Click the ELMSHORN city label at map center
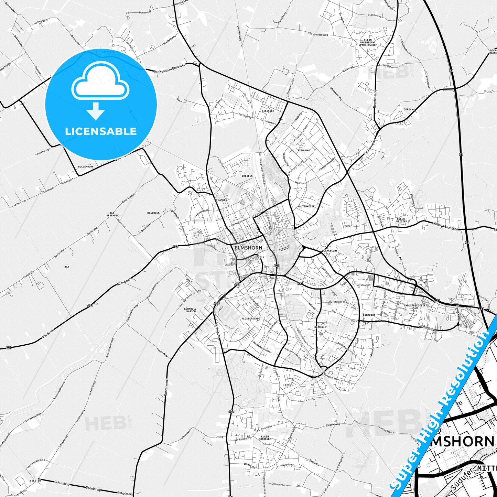tap(248, 248)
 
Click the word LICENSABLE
tap(101, 131)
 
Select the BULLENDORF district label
tap(86, 166)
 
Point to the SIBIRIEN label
tap(268, 111)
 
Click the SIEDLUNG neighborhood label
tap(304, 151)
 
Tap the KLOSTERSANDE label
tap(251, 318)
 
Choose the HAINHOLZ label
tap(321, 327)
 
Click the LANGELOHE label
tap(330, 251)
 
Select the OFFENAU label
tap(409, 109)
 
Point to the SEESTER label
tap(35, 480)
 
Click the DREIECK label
tap(247, 176)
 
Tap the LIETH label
tap(287, 385)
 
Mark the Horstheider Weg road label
tap(318, 35)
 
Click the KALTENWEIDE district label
tap(306, 206)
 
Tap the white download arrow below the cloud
tap(96, 111)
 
